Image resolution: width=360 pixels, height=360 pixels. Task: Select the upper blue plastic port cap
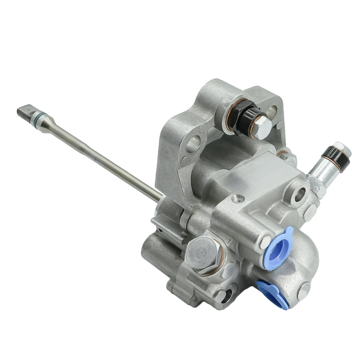point(278,248)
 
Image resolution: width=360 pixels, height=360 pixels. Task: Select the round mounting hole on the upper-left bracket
point(192,144)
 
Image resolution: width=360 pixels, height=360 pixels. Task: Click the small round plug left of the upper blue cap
point(264,241)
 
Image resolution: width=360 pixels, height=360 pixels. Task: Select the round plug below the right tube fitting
point(310,214)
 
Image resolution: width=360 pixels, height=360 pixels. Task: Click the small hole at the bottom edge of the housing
point(223,295)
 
